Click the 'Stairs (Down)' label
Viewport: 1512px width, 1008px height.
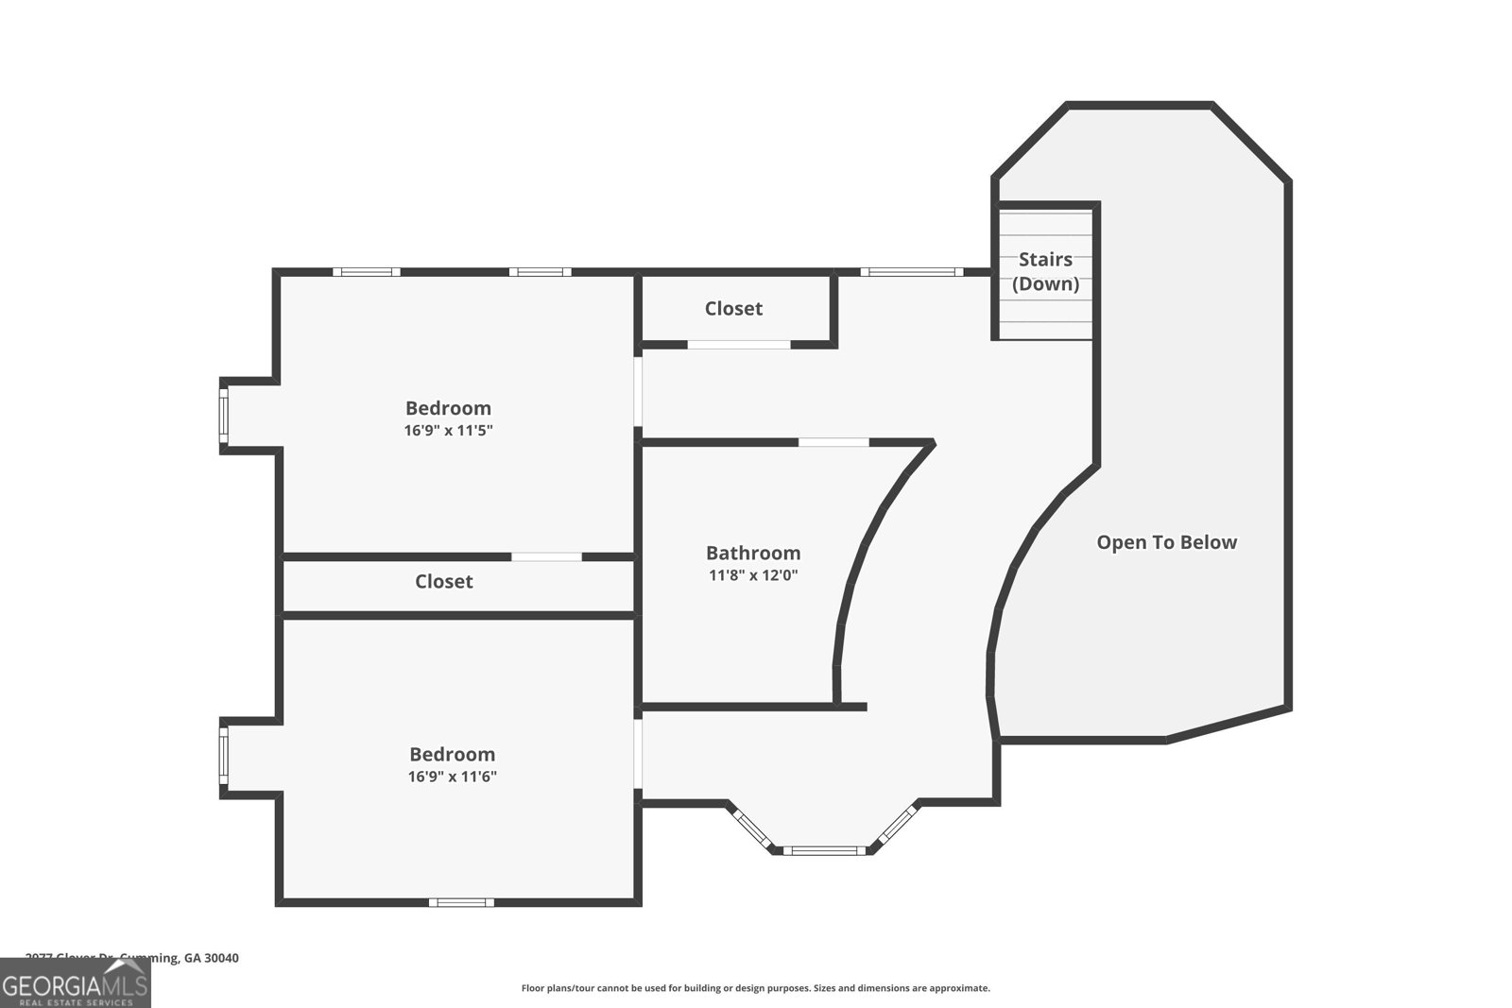coord(1045,271)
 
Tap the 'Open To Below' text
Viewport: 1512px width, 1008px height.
coord(1166,542)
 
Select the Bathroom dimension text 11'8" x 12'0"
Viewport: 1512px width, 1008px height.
coord(753,574)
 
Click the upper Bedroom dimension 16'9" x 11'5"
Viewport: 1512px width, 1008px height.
coord(449,430)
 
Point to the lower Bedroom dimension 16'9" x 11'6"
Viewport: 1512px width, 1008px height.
coord(453,777)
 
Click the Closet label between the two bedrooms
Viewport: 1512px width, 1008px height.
coord(443,581)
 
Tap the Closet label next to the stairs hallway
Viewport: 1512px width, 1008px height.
coord(733,308)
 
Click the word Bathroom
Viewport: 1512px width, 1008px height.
coord(753,553)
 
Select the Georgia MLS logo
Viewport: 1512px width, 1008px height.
coord(75,983)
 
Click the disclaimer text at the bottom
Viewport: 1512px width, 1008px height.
coord(755,988)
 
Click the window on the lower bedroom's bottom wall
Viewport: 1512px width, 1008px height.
coord(461,902)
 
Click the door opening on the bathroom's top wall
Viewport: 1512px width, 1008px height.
coord(833,442)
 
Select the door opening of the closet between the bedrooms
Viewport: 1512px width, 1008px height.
coord(546,556)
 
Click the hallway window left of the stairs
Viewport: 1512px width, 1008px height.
coord(911,272)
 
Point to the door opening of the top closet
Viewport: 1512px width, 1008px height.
coord(738,344)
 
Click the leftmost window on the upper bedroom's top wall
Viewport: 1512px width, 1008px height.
coord(366,272)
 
